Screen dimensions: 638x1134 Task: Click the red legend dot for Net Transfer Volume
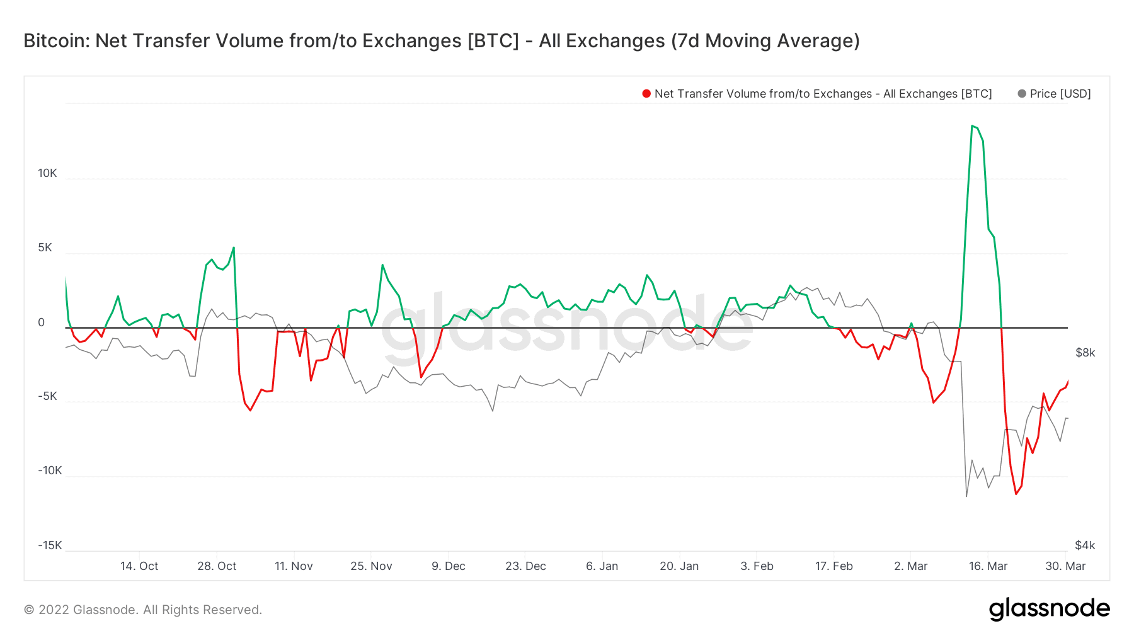point(646,94)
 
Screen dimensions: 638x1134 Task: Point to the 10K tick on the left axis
point(47,173)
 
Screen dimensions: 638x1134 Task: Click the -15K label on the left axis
point(49,545)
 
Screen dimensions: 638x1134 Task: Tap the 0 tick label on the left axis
point(42,322)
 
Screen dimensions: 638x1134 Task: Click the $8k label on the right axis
point(1085,353)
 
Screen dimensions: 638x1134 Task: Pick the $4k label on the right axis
point(1085,545)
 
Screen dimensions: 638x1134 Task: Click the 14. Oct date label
point(139,566)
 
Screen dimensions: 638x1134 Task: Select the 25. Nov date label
point(371,566)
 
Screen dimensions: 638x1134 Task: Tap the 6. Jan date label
point(602,566)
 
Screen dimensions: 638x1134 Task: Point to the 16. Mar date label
point(988,566)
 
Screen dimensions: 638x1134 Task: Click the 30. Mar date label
point(1065,566)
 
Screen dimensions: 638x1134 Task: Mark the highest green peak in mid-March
point(973,126)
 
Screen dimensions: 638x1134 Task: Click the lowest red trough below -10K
point(1016,494)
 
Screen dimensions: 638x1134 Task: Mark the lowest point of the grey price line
point(966,496)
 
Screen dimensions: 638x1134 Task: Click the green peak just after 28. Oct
point(234,248)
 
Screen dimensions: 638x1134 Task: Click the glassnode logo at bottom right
point(1049,609)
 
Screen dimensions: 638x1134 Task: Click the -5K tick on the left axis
point(47,396)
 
